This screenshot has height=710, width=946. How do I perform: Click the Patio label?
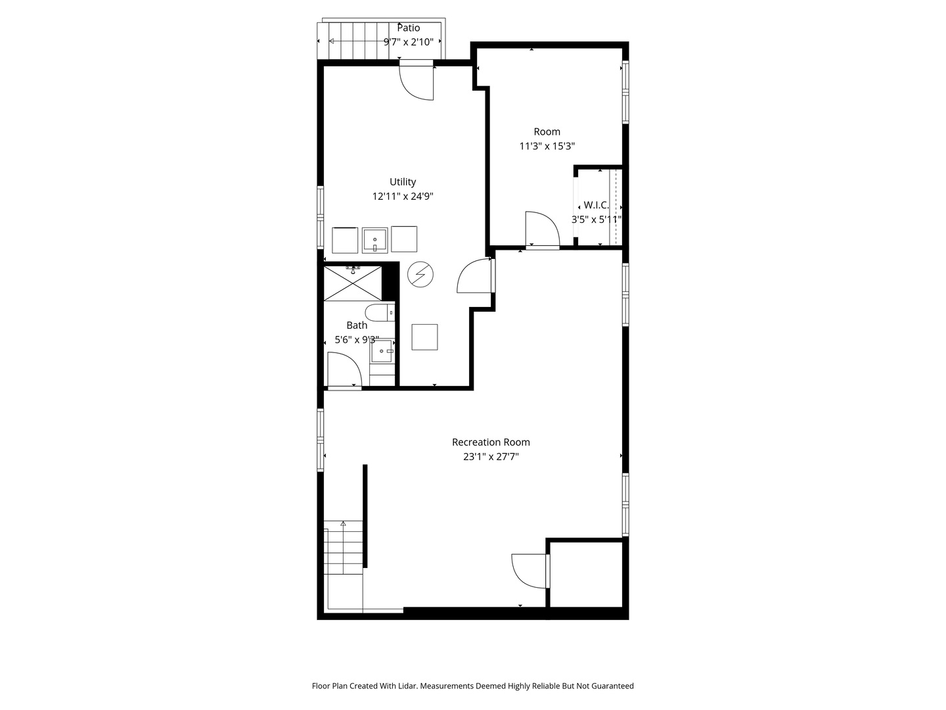coord(409,28)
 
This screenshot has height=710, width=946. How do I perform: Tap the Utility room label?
coord(403,182)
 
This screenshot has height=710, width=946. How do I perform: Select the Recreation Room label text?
coord(491,442)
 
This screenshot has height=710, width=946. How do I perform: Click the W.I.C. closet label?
coord(597,205)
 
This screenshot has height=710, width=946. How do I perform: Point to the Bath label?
coord(357,325)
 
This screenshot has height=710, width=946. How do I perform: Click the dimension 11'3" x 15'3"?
coord(547,146)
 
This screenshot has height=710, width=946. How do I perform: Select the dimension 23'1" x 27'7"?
coord(491,457)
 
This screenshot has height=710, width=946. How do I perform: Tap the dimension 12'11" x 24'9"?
coord(403,196)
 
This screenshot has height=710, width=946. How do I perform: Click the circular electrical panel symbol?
coord(420,273)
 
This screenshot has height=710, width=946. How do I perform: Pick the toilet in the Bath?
coord(380,312)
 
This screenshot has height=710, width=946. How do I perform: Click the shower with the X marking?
coord(353,283)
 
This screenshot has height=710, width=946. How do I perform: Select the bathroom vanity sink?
coord(382,351)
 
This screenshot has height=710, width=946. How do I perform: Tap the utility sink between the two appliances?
coord(375,239)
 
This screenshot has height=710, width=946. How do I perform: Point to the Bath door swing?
coord(343,370)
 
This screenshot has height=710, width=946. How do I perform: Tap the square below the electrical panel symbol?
coord(424,337)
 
